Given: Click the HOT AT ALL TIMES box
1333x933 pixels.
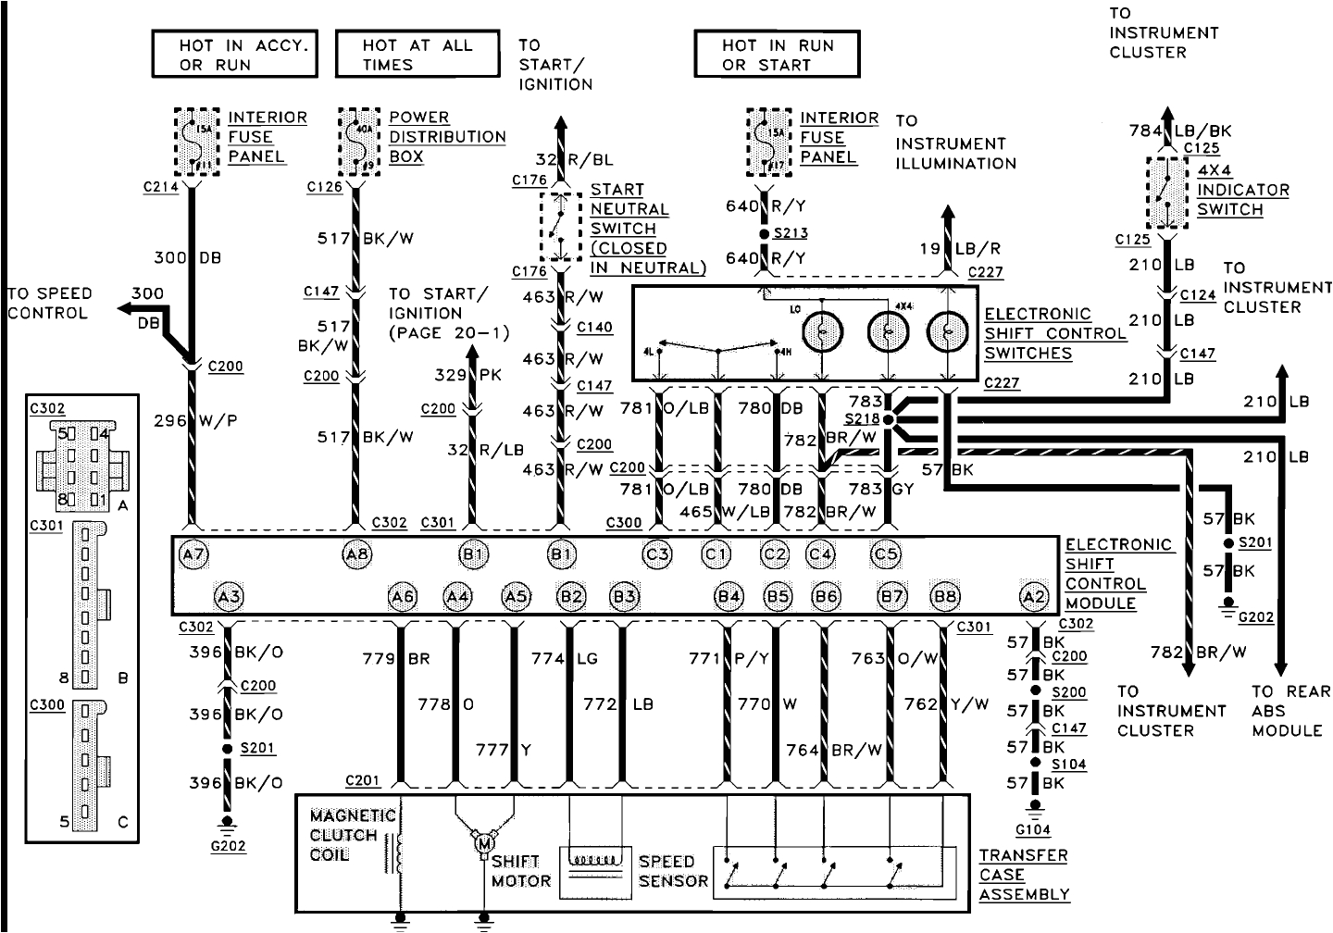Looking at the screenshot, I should (417, 55).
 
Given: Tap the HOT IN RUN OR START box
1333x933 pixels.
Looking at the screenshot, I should (777, 55).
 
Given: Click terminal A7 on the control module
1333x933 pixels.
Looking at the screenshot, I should (194, 554).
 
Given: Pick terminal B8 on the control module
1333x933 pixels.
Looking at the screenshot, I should (945, 597).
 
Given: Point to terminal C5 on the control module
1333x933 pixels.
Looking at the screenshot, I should (886, 554).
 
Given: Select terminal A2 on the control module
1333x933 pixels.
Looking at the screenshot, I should (1033, 597).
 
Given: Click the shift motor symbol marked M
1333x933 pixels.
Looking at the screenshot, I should (483, 842).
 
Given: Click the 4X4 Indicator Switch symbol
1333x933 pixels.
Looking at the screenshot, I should (1167, 193).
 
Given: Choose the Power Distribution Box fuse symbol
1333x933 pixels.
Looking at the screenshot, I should (354, 142).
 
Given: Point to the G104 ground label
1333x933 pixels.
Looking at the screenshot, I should (1032, 830).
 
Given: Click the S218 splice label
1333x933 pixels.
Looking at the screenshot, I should (863, 418).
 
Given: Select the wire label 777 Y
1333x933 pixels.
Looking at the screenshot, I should (504, 750).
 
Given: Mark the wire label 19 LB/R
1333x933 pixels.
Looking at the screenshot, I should (960, 248).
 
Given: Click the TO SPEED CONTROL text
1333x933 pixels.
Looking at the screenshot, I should (50, 303).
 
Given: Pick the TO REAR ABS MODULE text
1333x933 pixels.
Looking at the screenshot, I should (1289, 710).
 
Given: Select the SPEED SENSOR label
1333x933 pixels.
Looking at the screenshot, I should (673, 871).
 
